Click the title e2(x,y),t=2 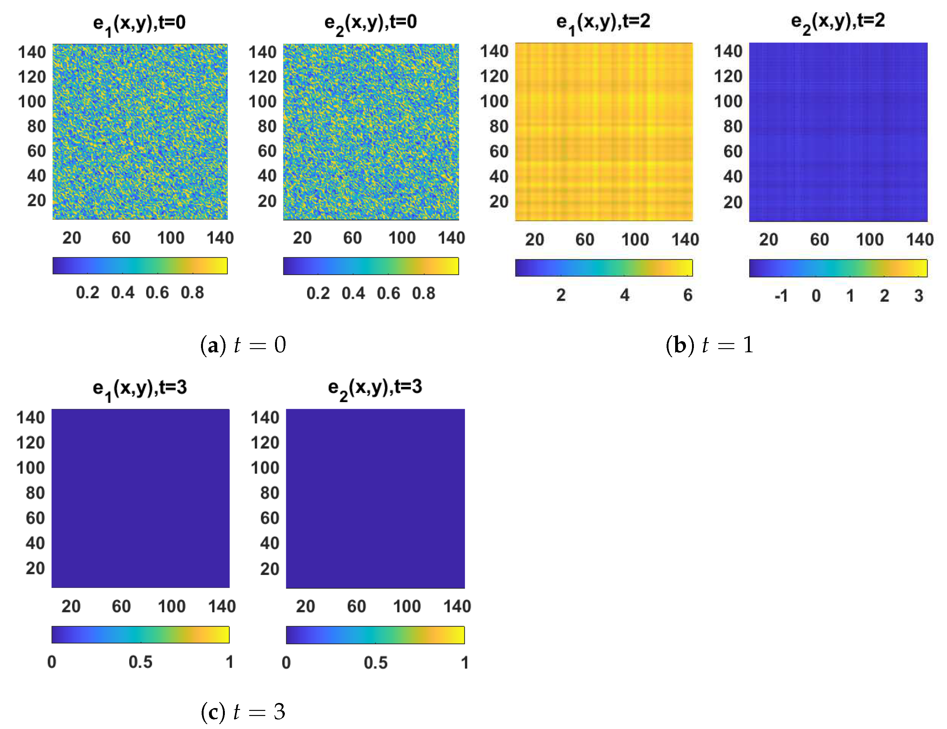click(x=837, y=22)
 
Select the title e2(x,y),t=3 click(x=375, y=387)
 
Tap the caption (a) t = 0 click(x=243, y=345)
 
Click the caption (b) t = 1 click(x=709, y=345)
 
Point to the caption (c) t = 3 click(x=243, y=712)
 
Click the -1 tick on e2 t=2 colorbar click(x=781, y=296)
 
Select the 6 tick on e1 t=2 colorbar click(x=688, y=295)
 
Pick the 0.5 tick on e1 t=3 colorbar click(x=140, y=662)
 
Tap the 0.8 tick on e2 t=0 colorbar click(x=423, y=294)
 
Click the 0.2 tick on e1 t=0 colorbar click(x=88, y=293)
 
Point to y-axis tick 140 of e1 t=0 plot click(x=32, y=52)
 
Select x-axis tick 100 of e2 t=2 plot click(x=870, y=240)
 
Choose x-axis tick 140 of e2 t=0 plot click(x=451, y=238)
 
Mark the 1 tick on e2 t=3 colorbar click(x=464, y=663)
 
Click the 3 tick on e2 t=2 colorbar click(x=918, y=296)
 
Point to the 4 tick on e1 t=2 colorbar click(x=624, y=295)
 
